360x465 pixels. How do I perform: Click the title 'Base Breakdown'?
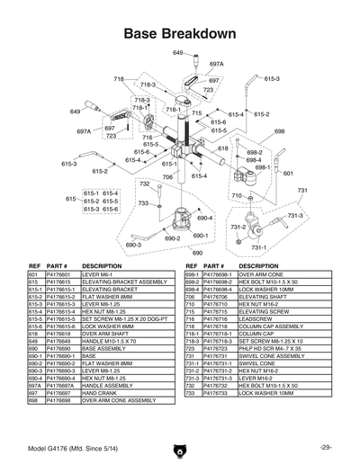[x=180, y=33]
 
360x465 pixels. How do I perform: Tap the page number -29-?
[x=325, y=447]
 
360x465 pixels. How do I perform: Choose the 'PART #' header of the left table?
[x=58, y=267]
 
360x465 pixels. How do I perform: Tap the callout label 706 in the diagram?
[x=166, y=178]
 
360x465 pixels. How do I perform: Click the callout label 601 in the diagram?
[x=287, y=173]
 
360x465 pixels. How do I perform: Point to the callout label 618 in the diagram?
[x=222, y=148]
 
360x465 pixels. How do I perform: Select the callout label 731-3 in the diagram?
[x=295, y=216]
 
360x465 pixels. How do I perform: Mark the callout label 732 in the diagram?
[x=144, y=183]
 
